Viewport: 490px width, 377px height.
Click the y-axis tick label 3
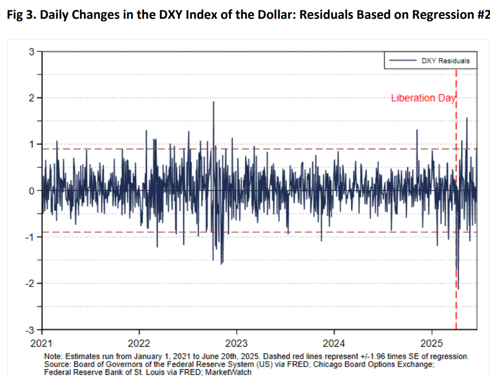click(32, 52)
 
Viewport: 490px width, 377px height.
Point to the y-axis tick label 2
click(32, 98)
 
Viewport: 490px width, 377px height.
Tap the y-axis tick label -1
click(30, 237)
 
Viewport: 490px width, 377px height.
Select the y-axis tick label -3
click(30, 330)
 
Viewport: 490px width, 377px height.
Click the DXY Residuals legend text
click(445, 61)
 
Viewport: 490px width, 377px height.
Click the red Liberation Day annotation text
click(423, 98)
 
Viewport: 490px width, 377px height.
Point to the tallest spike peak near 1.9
click(214, 102)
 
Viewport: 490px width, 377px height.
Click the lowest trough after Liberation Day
click(459, 289)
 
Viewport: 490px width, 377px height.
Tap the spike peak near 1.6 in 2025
click(467, 118)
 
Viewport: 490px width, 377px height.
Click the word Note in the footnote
click(54, 357)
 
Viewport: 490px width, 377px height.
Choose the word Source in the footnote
click(57, 365)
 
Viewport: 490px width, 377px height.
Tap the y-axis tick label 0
click(32, 191)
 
